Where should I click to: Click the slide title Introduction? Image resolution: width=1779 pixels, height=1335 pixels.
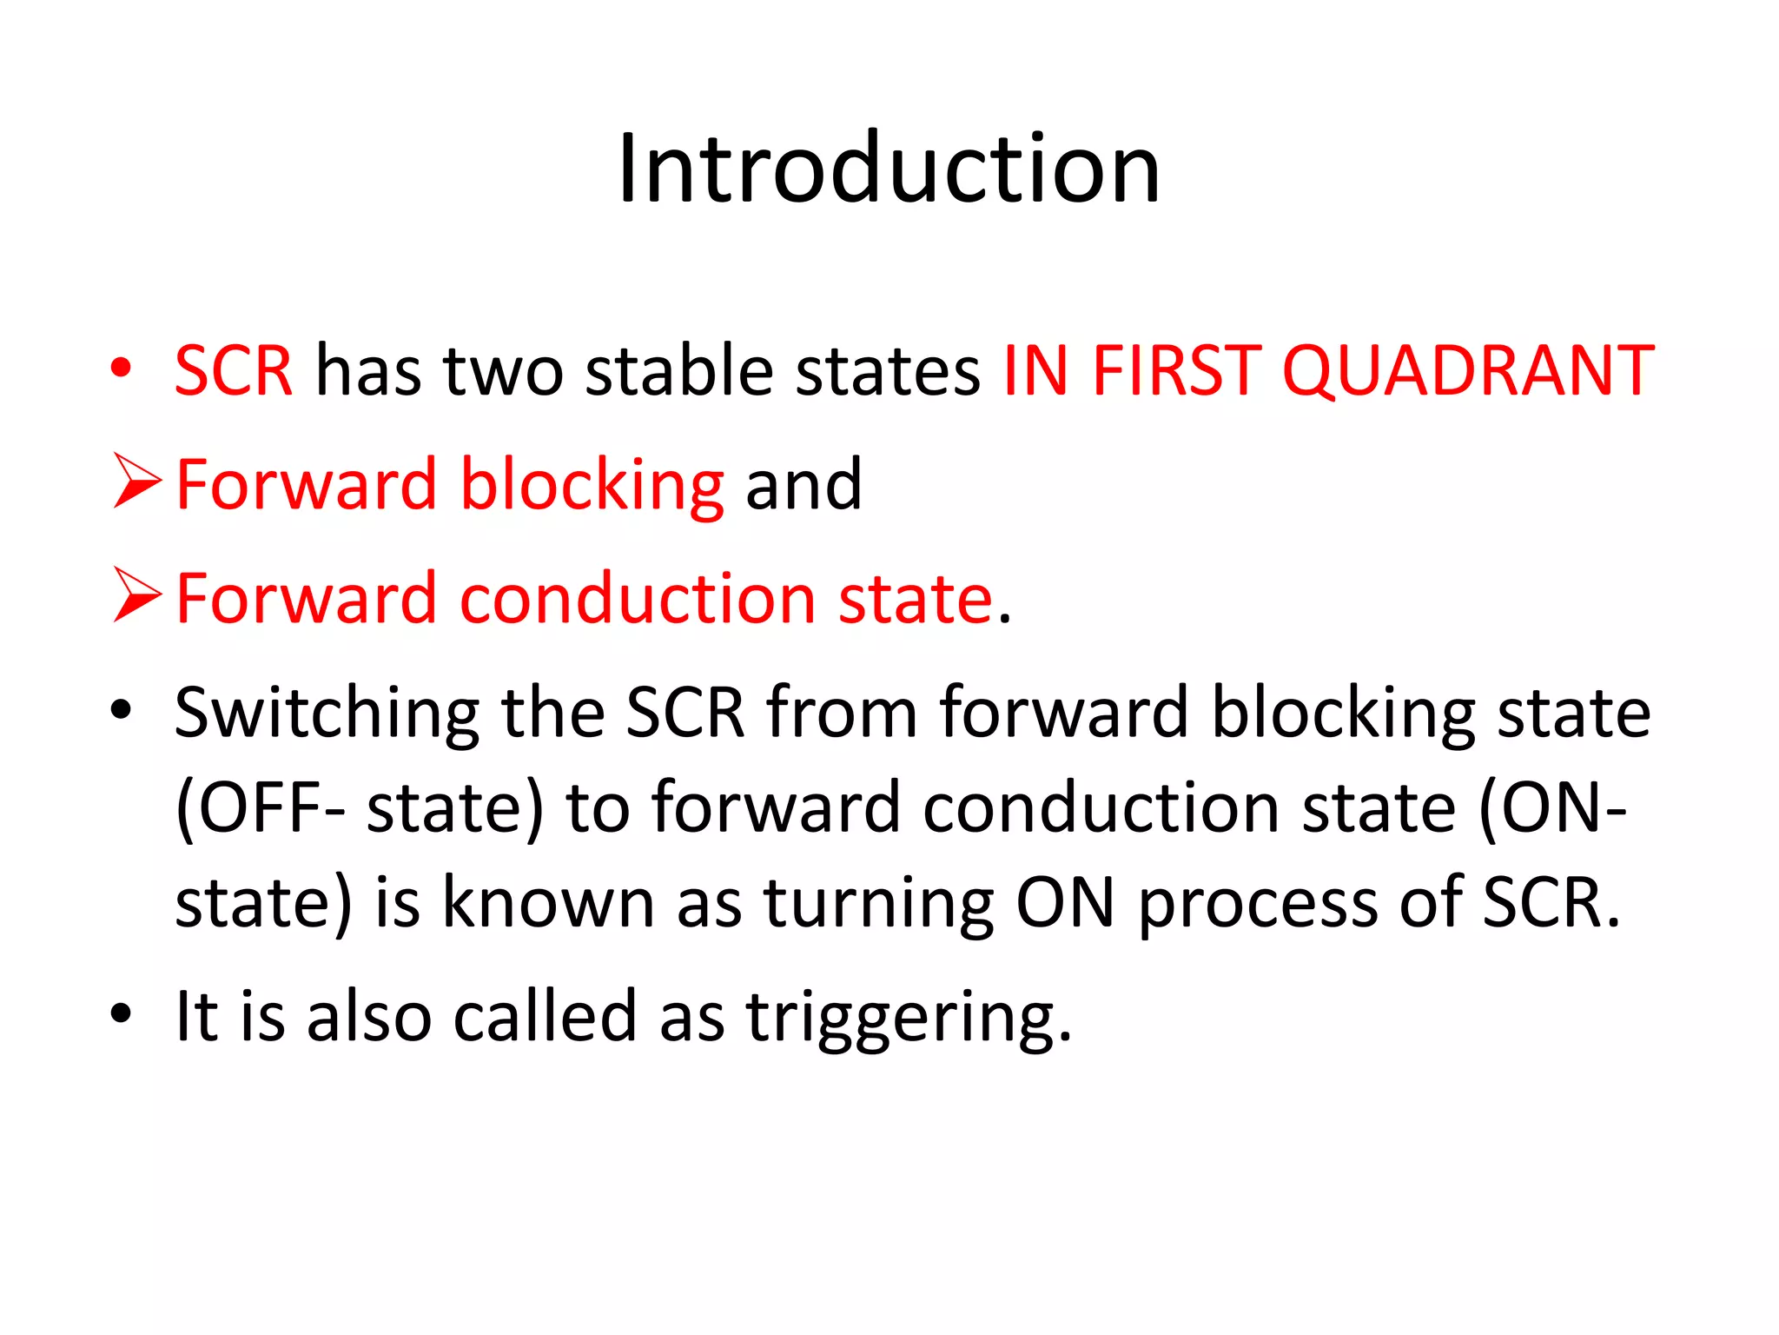click(889, 169)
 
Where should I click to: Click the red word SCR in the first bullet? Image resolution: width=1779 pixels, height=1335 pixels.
click(234, 372)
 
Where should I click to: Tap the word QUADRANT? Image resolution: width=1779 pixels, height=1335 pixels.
click(1468, 372)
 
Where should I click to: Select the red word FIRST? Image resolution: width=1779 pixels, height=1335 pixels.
click(1176, 372)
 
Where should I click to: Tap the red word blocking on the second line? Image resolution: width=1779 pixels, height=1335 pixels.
click(592, 485)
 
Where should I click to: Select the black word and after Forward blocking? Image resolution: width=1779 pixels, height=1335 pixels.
click(804, 485)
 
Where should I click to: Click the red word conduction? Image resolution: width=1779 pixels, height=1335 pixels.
click(637, 600)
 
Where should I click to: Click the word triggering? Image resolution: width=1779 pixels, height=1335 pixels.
click(909, 1019)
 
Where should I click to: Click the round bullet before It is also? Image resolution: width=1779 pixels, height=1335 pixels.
click(121, 1013)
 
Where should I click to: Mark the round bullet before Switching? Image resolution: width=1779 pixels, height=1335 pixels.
click(121, 709)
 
